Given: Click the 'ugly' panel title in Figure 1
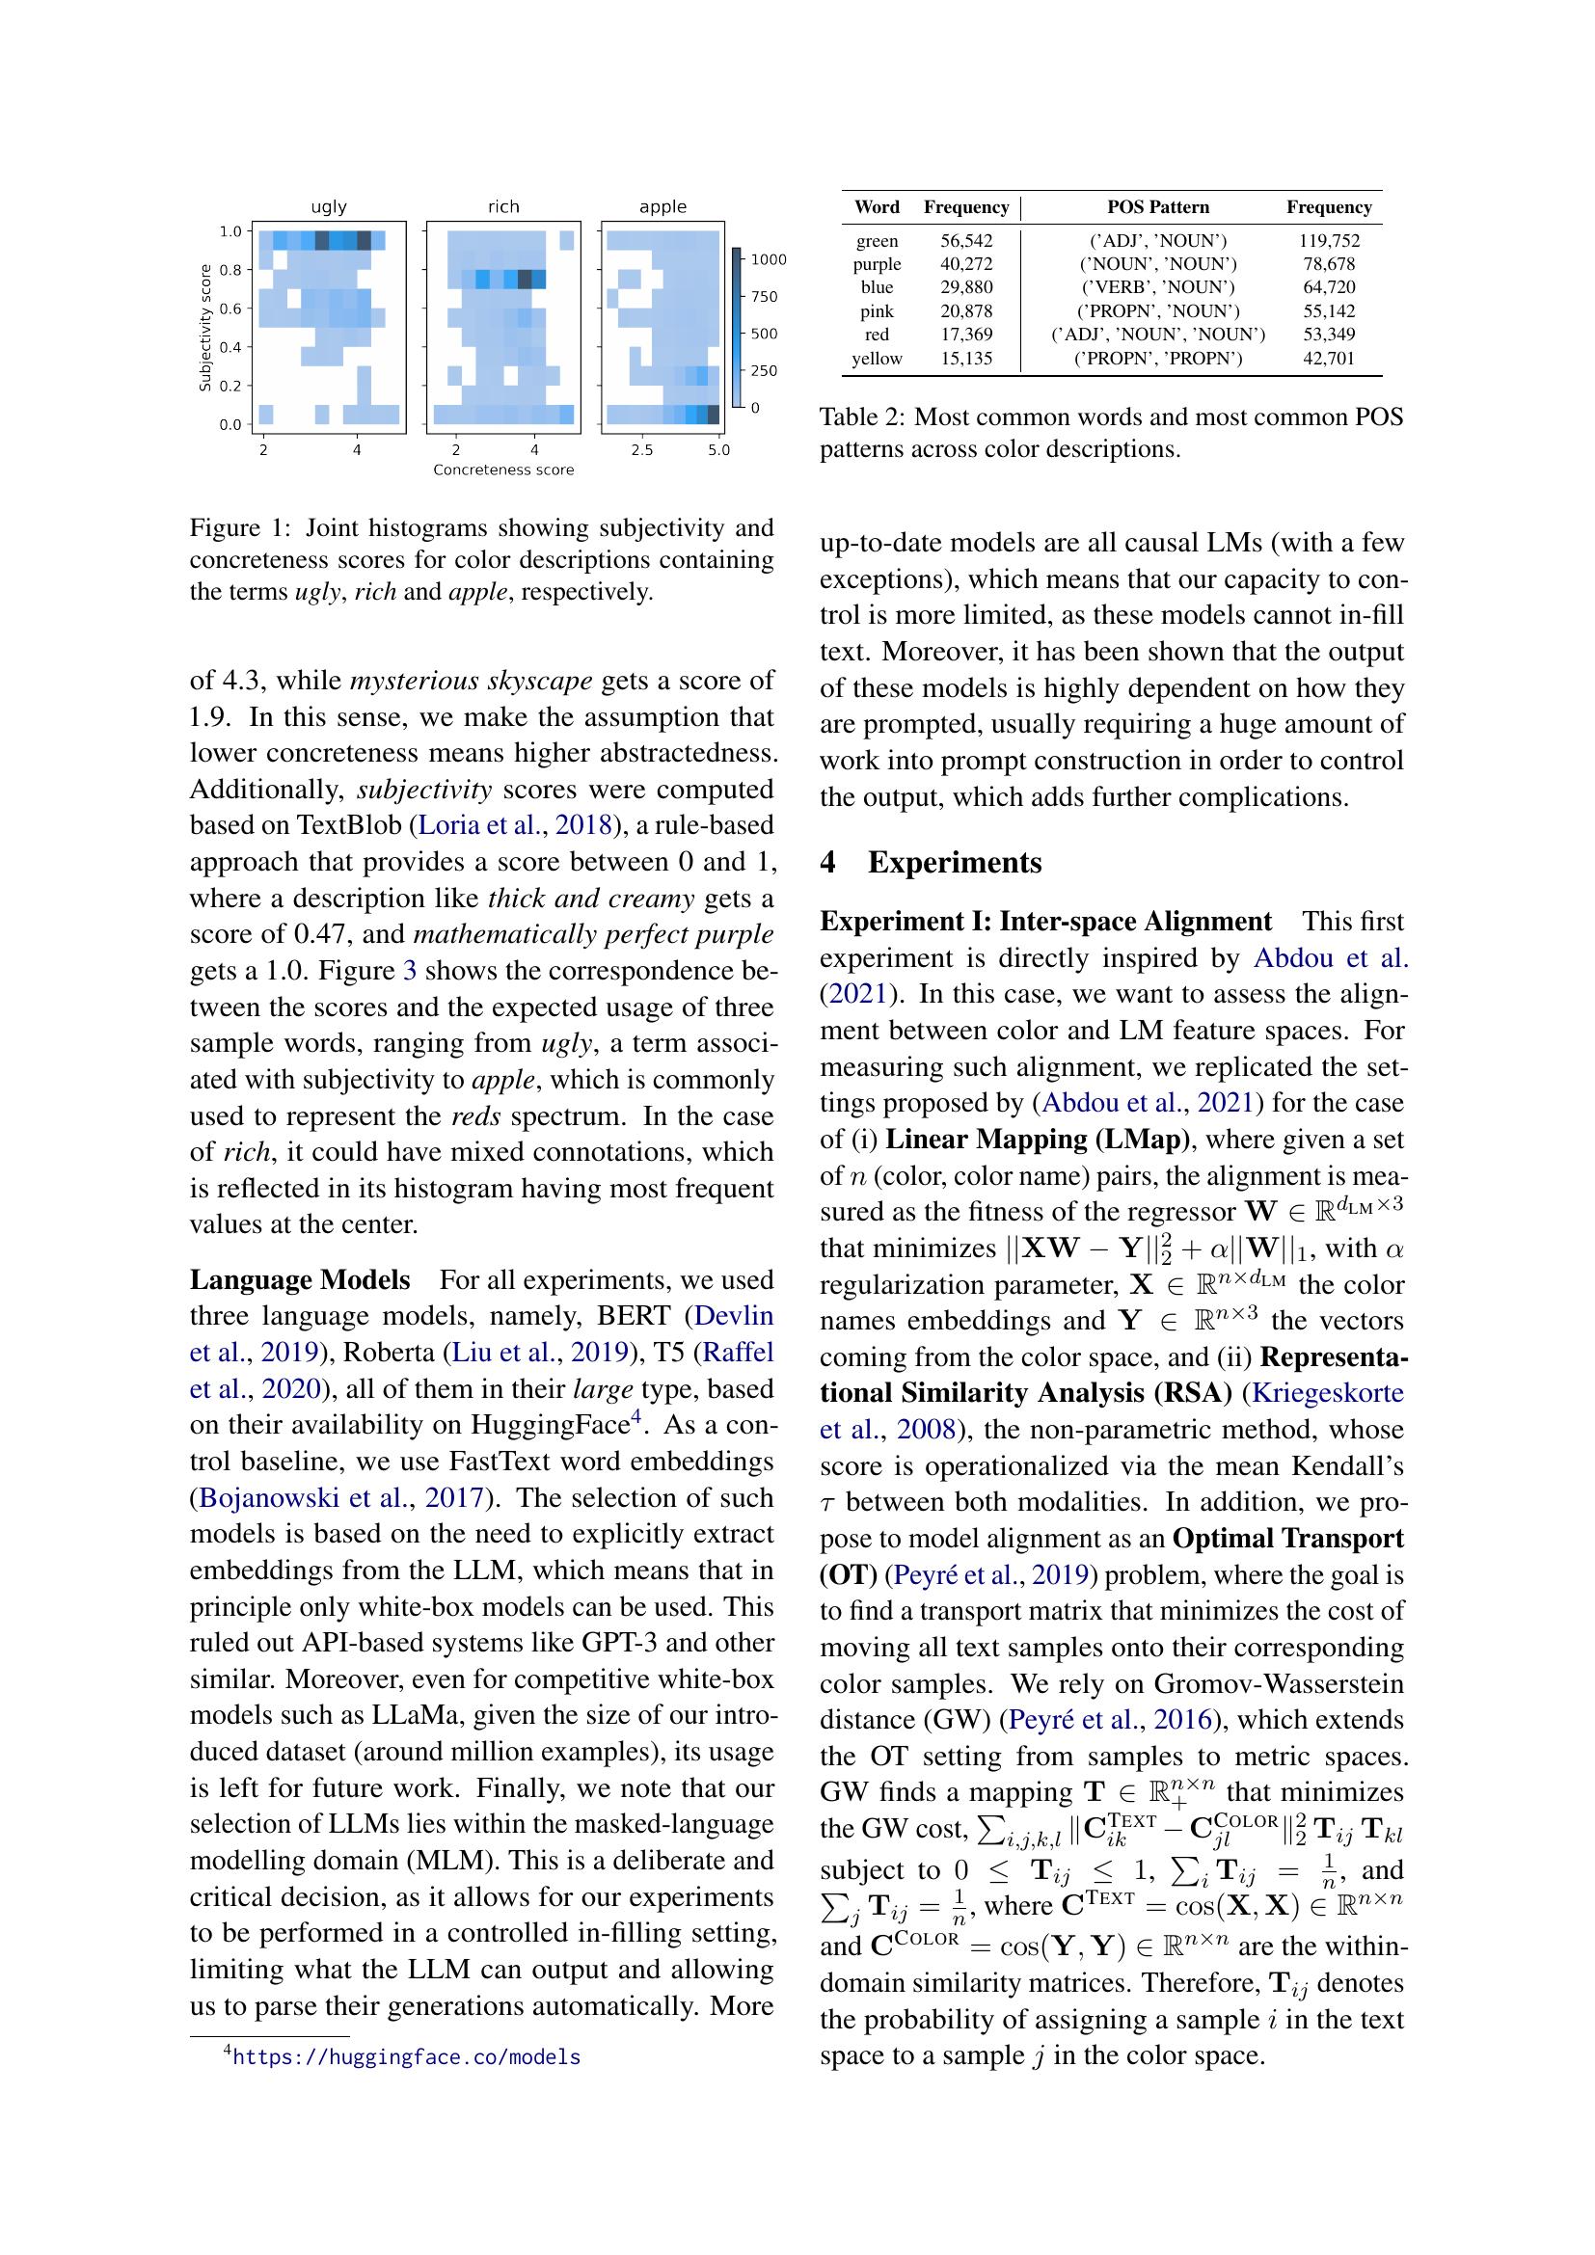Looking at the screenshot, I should click(x=328, y=206).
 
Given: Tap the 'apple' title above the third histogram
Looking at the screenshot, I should click(x=662, y=206).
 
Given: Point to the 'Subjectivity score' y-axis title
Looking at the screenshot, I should click(x=205, y=327).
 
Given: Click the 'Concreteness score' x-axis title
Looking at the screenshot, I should click(x=502, y=470).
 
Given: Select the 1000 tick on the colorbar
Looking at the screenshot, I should click(x=769, y=259).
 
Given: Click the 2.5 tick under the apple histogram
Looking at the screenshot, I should click(x=641, y=450).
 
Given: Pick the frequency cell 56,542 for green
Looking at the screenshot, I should click(x=965, y=241).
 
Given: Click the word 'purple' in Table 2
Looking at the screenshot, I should click(x=876, y=264).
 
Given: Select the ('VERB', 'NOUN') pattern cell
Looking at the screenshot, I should click(x=1158, y=287).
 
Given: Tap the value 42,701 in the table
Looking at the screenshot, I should click(x=1328, y=359).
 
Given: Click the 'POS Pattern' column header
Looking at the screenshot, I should click(x=1158, y=207).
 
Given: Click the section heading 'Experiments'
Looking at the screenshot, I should click(x=954, y=862).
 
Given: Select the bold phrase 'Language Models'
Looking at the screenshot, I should click(x=300, y=1280).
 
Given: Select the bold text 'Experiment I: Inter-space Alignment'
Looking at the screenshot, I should click(x=1045, y=922).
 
